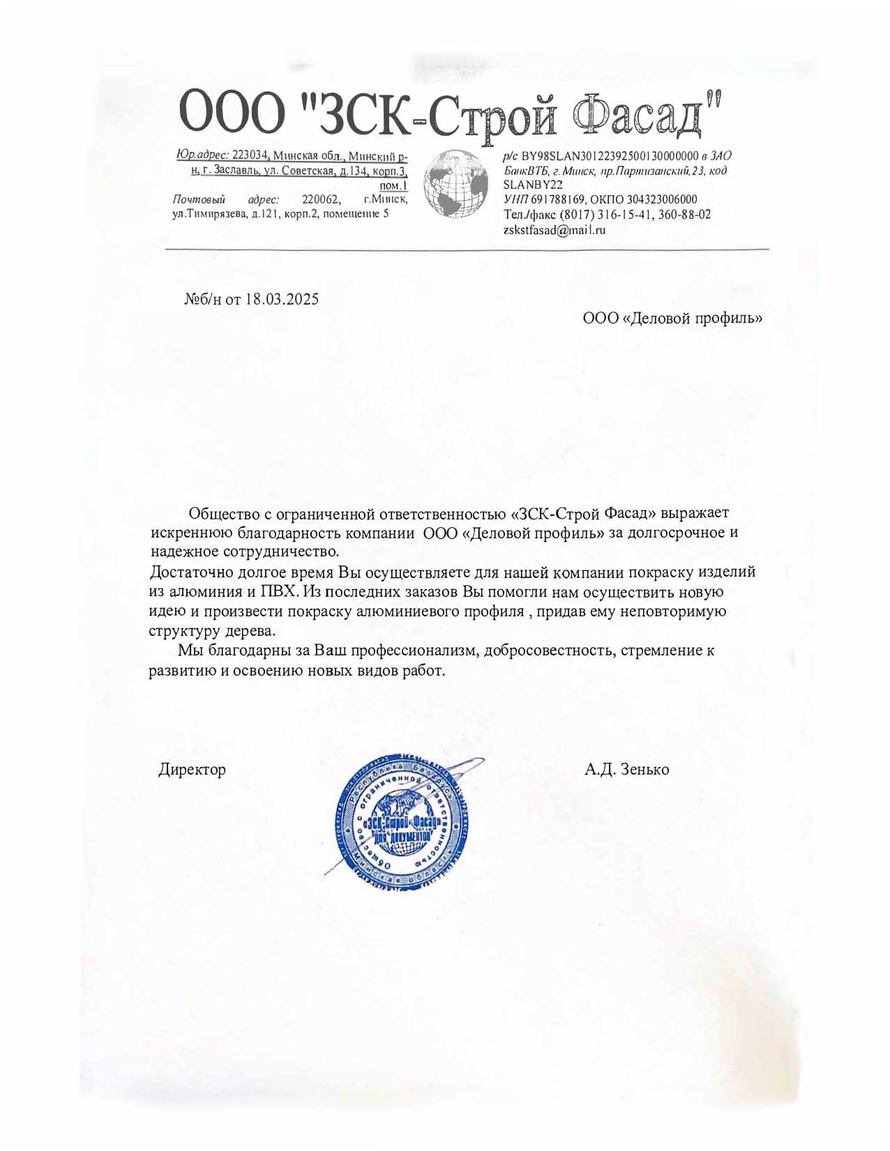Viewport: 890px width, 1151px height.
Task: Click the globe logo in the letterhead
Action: point(456,184)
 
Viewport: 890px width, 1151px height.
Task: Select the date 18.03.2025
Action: point(282,300)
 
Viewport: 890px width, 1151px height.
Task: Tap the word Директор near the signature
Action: point(192,770)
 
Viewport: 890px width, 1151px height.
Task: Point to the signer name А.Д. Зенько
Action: point(626,770)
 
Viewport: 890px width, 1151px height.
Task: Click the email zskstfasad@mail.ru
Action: point(554,229)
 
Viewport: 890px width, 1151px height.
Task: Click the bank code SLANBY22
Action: point(532,185)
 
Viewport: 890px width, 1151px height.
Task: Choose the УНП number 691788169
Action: point(559,200)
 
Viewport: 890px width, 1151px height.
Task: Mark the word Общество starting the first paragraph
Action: point(224,514)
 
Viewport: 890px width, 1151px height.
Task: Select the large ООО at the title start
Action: point(232,114)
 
